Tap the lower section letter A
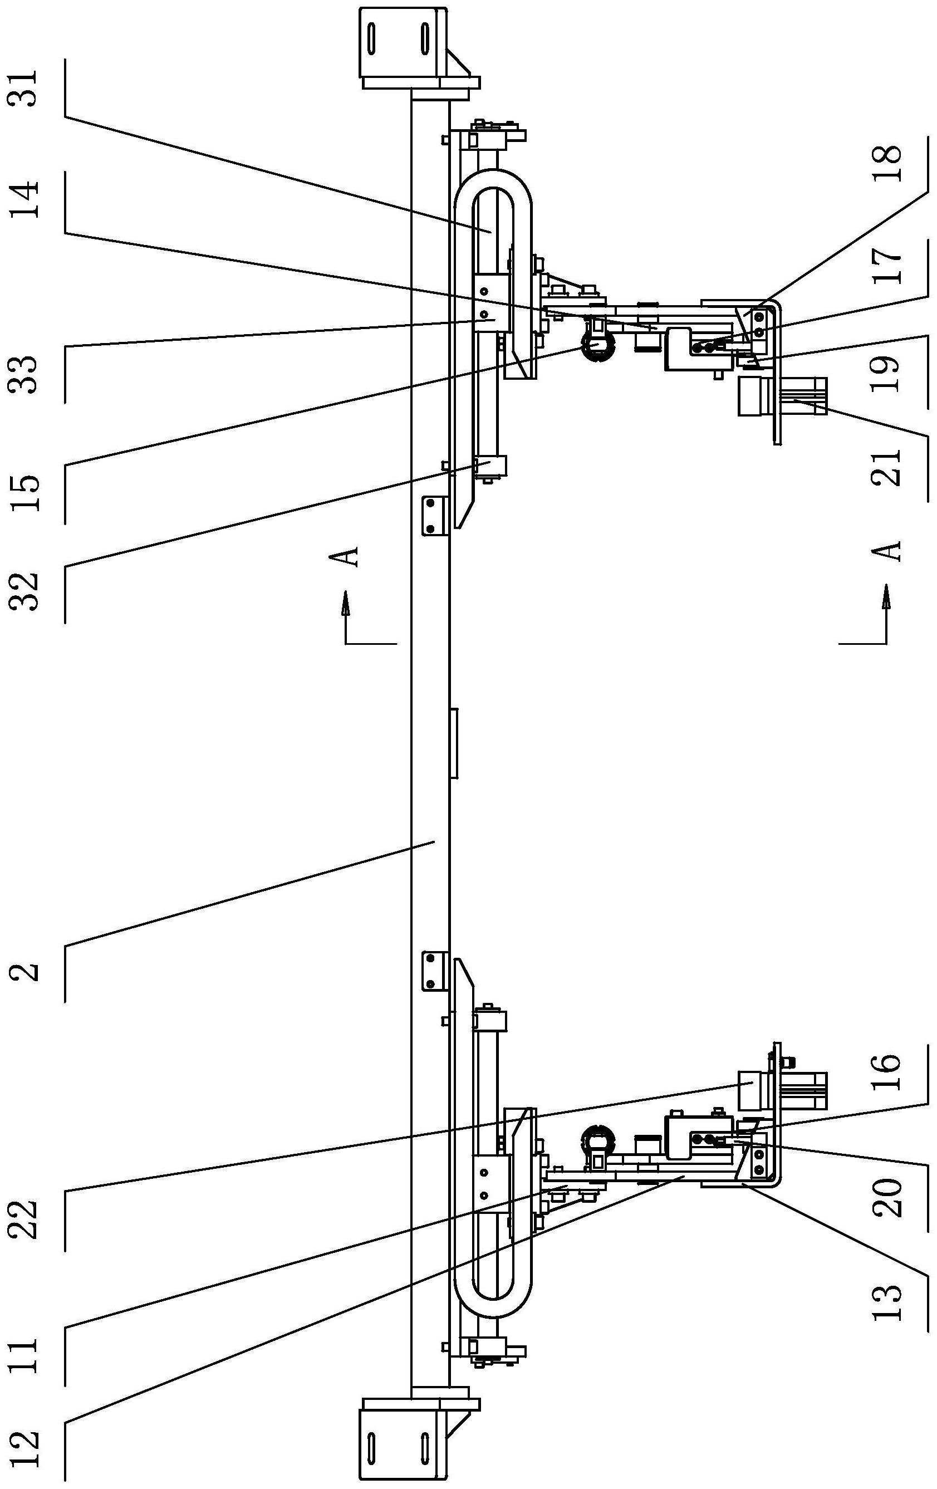pos(887,550)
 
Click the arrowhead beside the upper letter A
pos(346,603)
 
